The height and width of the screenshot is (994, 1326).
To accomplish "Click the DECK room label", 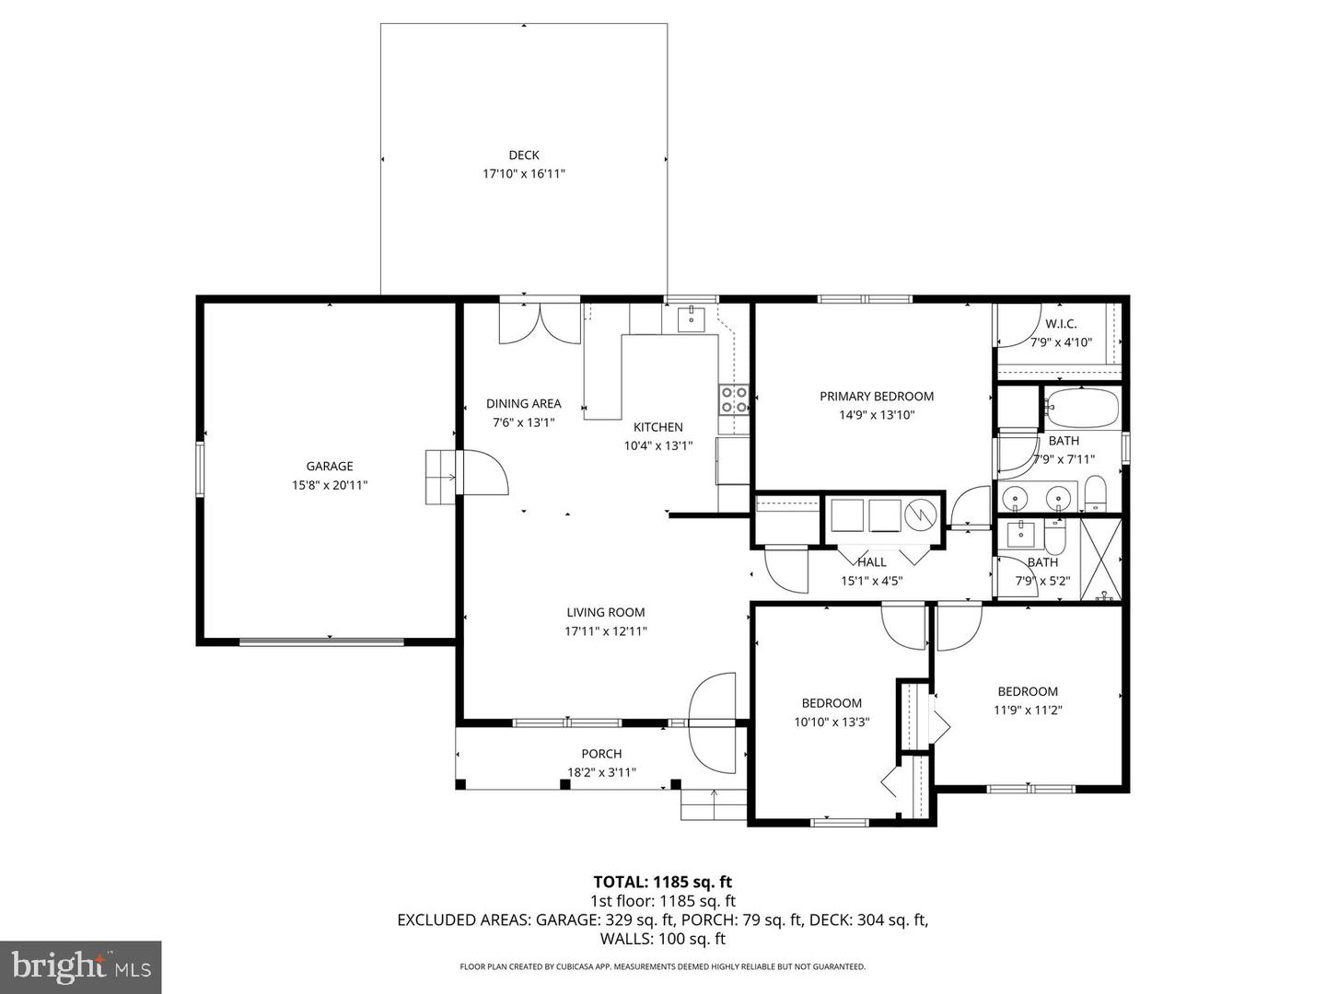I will (x=523, y=156).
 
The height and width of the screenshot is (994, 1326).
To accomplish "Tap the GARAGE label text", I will (x=330, y=467).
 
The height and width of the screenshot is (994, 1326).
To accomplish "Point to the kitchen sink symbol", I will (x=691, y=319).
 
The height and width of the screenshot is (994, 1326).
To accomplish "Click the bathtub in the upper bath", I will (x=1082, y=408).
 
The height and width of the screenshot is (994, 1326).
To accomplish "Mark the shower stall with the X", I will (x=1100, y=560).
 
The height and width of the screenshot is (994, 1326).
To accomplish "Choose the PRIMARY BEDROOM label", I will (x=877, y=397).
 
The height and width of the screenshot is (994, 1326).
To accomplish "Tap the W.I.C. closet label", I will (x=1061, y=324).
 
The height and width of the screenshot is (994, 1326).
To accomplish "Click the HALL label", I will (x=871, y=562).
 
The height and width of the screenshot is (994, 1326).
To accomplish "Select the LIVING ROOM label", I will (x=605, y=612).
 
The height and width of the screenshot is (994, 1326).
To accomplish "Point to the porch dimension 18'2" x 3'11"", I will (x=601, y=773).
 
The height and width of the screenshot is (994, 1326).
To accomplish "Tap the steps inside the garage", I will (x=440, y=477).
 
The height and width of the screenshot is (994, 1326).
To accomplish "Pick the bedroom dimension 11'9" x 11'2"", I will (x=1028, y=710).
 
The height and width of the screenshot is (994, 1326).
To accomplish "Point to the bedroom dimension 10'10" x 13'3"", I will (x=832, y=722).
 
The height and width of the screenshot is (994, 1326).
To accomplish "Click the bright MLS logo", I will (x=81, y=966).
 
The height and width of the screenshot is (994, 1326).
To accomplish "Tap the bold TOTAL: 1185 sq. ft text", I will (x=662, y=883).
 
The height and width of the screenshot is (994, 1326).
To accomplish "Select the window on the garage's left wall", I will (x=199, y=469).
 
